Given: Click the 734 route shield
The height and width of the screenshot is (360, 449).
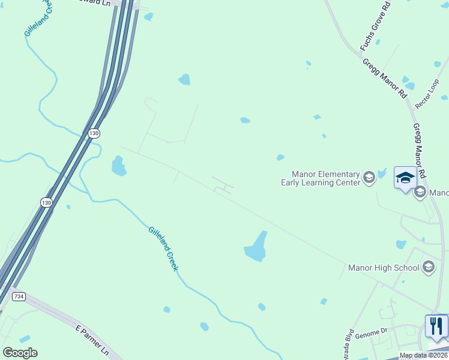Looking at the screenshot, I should tap(19, 296).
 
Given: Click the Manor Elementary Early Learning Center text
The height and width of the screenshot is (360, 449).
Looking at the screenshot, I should tap(321, 178).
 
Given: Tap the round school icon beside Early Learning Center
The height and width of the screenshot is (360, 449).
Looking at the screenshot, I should tap(369, 177).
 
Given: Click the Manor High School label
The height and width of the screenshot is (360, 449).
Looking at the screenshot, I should tap(384, 268).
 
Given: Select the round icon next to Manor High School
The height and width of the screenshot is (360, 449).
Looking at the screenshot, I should tap(428, 267).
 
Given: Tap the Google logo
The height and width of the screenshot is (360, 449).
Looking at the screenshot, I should tap(20, 353).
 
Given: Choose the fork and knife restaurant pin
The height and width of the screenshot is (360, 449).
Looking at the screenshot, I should tap(436, 326).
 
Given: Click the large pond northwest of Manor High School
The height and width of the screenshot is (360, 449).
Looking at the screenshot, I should tap(256, 248).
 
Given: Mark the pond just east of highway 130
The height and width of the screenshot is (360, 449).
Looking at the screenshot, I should tap(119, 166).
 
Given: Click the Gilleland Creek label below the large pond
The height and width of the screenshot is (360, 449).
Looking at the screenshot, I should tap(163, 248).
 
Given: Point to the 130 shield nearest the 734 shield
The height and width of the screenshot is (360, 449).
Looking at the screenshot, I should tap(47, 203).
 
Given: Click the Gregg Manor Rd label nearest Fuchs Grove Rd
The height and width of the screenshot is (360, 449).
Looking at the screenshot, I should tap(385, 79).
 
